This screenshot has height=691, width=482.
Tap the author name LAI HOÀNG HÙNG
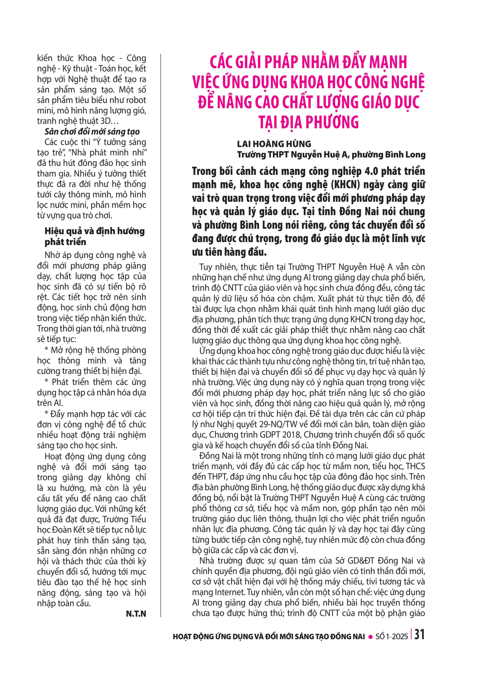274,144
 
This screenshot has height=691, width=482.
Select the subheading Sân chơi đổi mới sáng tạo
92,132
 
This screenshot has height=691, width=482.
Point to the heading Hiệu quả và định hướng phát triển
94,236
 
